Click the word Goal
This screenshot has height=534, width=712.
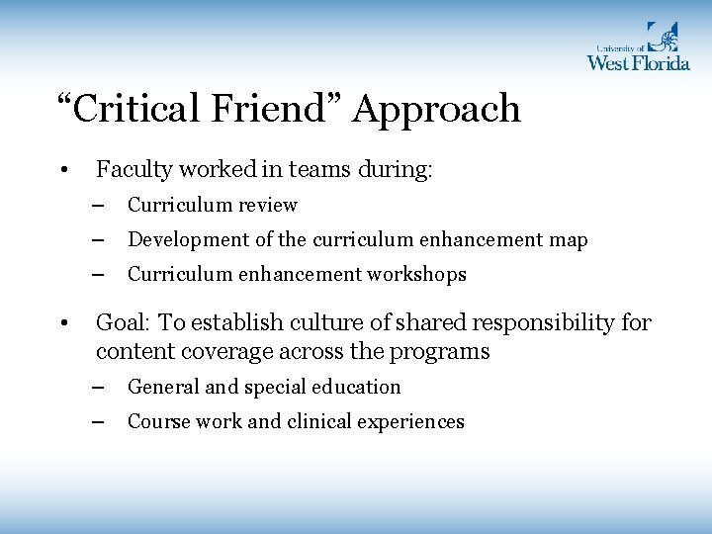[x=118, y=323]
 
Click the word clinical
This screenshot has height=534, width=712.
[x=320, y=422]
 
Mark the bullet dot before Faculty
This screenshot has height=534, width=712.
[x=62, y=171]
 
